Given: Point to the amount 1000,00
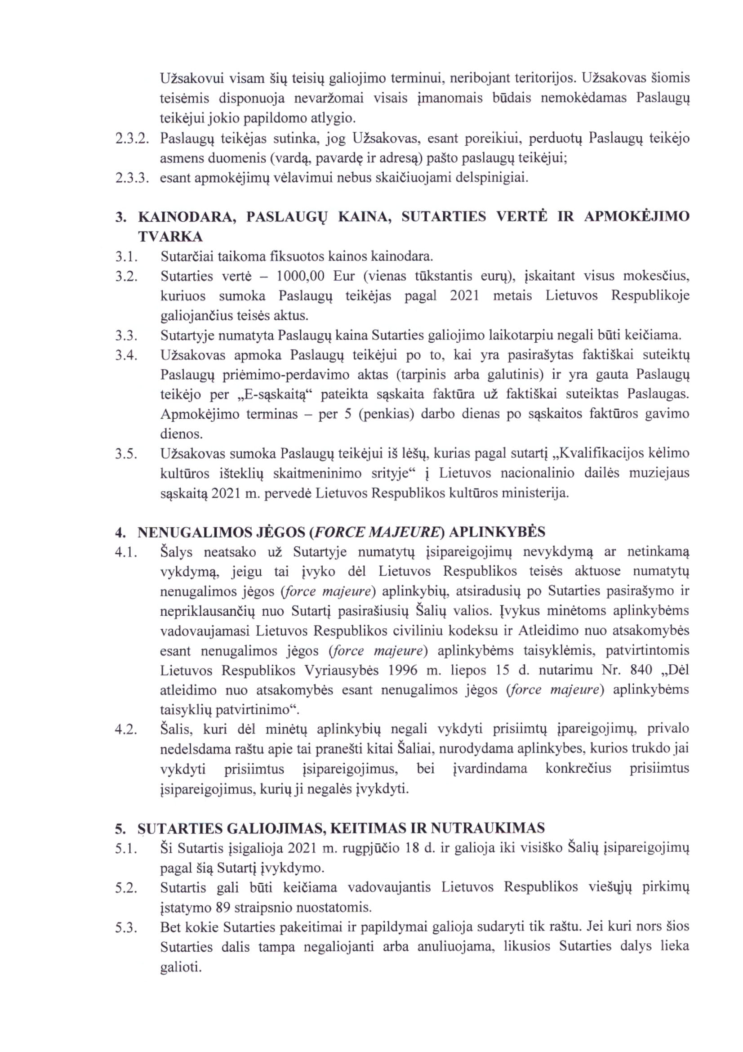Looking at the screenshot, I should click(300, 276).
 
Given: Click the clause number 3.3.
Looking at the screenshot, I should click(126, 336).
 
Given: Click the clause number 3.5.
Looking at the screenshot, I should click(126, 454).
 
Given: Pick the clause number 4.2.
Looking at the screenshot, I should click(126, 730).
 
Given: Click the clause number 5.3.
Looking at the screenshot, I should click(126, 927).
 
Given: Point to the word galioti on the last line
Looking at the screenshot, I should click(181, 967).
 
